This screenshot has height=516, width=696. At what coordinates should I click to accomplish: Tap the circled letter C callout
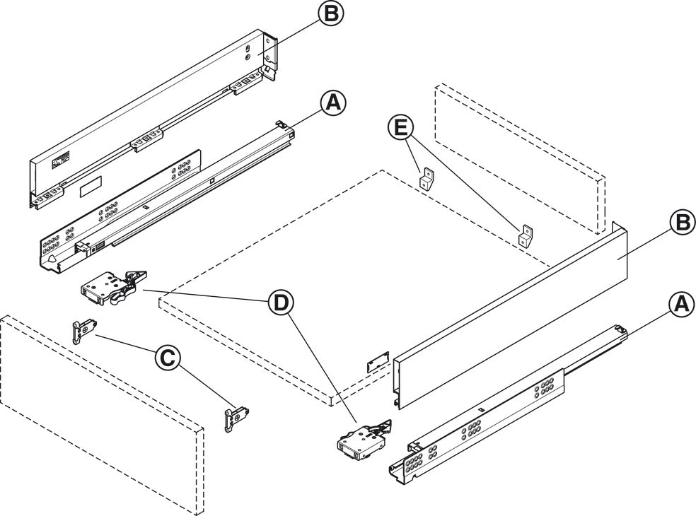pos(166,359)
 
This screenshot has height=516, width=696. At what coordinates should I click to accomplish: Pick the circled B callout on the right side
pos(680,223)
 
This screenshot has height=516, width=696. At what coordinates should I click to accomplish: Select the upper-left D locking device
pos(110,286)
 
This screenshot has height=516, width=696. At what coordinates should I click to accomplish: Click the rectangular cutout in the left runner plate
pos(91,188)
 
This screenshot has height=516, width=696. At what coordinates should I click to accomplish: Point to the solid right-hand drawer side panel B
pos(509,311)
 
